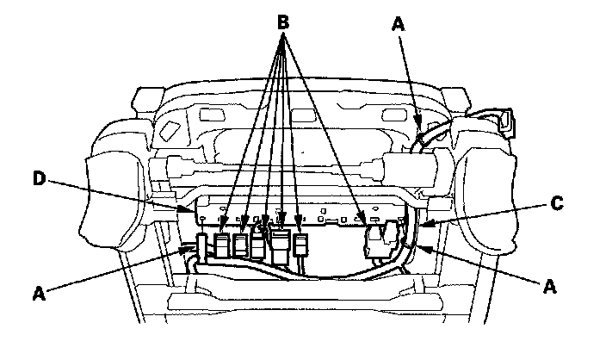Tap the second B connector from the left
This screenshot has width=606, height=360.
coord(241,244)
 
